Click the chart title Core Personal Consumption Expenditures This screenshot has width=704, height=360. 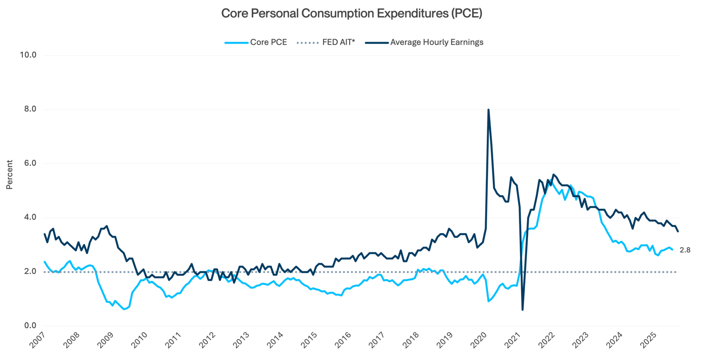point(352,14)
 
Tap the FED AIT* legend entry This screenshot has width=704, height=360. point(338,42)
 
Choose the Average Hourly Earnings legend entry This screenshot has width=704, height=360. point(437,42)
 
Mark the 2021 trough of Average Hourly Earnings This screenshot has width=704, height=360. point(523,309)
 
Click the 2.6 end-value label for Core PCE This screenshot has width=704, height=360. point(685,250)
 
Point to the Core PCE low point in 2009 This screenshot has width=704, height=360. point(124,309)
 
